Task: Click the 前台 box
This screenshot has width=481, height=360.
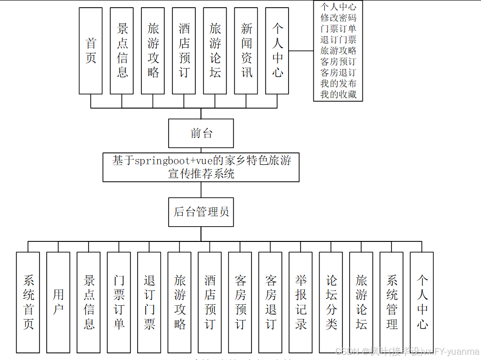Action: [x=201, y=133]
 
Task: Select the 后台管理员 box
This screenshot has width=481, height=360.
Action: [x=201, y=212]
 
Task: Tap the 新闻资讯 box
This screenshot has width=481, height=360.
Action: [x=246, y=51]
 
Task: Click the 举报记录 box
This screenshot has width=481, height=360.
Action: [x=301, y=302]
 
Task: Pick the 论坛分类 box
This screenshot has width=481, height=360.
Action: [x=331, y=302]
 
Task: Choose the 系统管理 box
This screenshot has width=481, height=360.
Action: [x=391, y=302]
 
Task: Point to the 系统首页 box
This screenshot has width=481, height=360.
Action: [x=28, y=302]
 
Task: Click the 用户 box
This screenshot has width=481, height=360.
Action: [x=58, y=302]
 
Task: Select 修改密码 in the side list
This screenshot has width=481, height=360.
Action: [x=338, y=18]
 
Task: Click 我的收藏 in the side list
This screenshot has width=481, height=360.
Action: [x=338, y=94]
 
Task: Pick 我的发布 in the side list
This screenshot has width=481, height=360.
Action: [x=338, y=83]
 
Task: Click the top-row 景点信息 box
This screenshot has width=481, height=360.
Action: [x=122, y=51]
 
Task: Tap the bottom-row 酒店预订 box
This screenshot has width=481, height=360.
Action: [x=210, y=302]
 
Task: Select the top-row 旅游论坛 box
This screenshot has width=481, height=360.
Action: [x=215, y=51]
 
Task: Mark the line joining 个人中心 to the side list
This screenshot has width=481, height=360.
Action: [x=301, y=50]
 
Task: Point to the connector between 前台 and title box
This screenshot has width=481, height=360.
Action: [x=201, y=150]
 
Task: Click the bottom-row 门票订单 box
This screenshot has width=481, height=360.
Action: [x=119, y=302]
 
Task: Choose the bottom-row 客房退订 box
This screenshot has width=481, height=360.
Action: [x=271, y=302]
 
